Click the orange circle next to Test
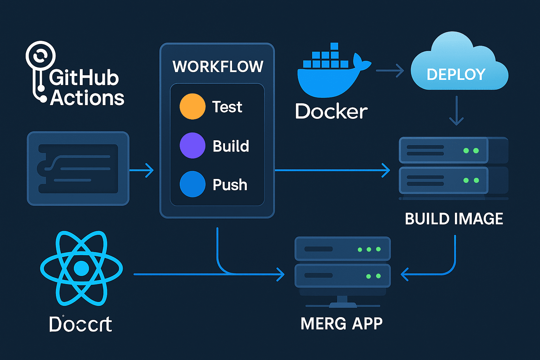192,107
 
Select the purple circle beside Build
192,146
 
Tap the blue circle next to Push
192,184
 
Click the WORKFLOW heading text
218,67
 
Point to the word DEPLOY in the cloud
456,75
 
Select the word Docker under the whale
331,111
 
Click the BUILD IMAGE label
454,219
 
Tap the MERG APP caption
341,323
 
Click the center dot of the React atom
82,269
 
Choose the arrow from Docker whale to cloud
390,71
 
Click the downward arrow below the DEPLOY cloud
456,111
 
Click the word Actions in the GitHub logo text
87,98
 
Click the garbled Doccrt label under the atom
81,324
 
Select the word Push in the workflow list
230,185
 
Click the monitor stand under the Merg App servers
342,301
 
